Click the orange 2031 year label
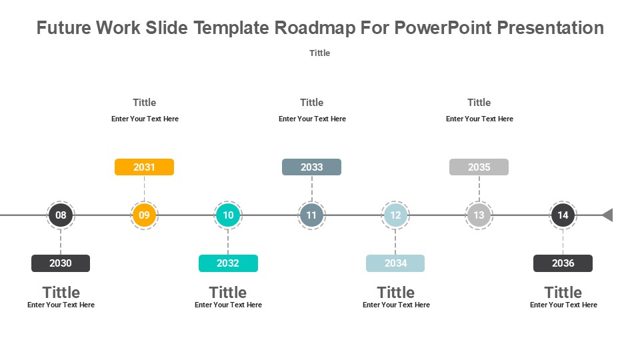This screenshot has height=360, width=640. point(144,167)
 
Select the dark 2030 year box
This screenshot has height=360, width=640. point(61,263)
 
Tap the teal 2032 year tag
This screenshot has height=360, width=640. point(228,263)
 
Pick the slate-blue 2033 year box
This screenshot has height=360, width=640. point(311,167)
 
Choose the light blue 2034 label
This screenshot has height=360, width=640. point(395,263)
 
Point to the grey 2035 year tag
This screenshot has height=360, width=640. point(479,167)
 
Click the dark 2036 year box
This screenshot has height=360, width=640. point(563,263)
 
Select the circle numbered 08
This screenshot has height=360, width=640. point(61,215)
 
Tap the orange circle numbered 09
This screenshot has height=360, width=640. point(144,215)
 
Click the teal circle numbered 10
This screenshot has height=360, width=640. point(228,215)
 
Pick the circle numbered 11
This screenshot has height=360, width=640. point(311,215)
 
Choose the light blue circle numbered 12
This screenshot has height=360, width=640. point(395,215)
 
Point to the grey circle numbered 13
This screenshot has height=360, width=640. point(479,215)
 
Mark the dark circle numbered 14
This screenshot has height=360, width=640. point(563,215)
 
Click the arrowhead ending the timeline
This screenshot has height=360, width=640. point(608,215)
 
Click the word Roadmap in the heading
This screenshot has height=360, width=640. point(315,28)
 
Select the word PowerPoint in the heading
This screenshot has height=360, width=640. point(443,28)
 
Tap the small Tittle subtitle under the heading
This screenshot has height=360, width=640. point(319,53)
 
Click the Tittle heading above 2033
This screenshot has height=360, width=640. point(312,103)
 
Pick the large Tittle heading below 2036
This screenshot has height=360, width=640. point(563,292)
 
